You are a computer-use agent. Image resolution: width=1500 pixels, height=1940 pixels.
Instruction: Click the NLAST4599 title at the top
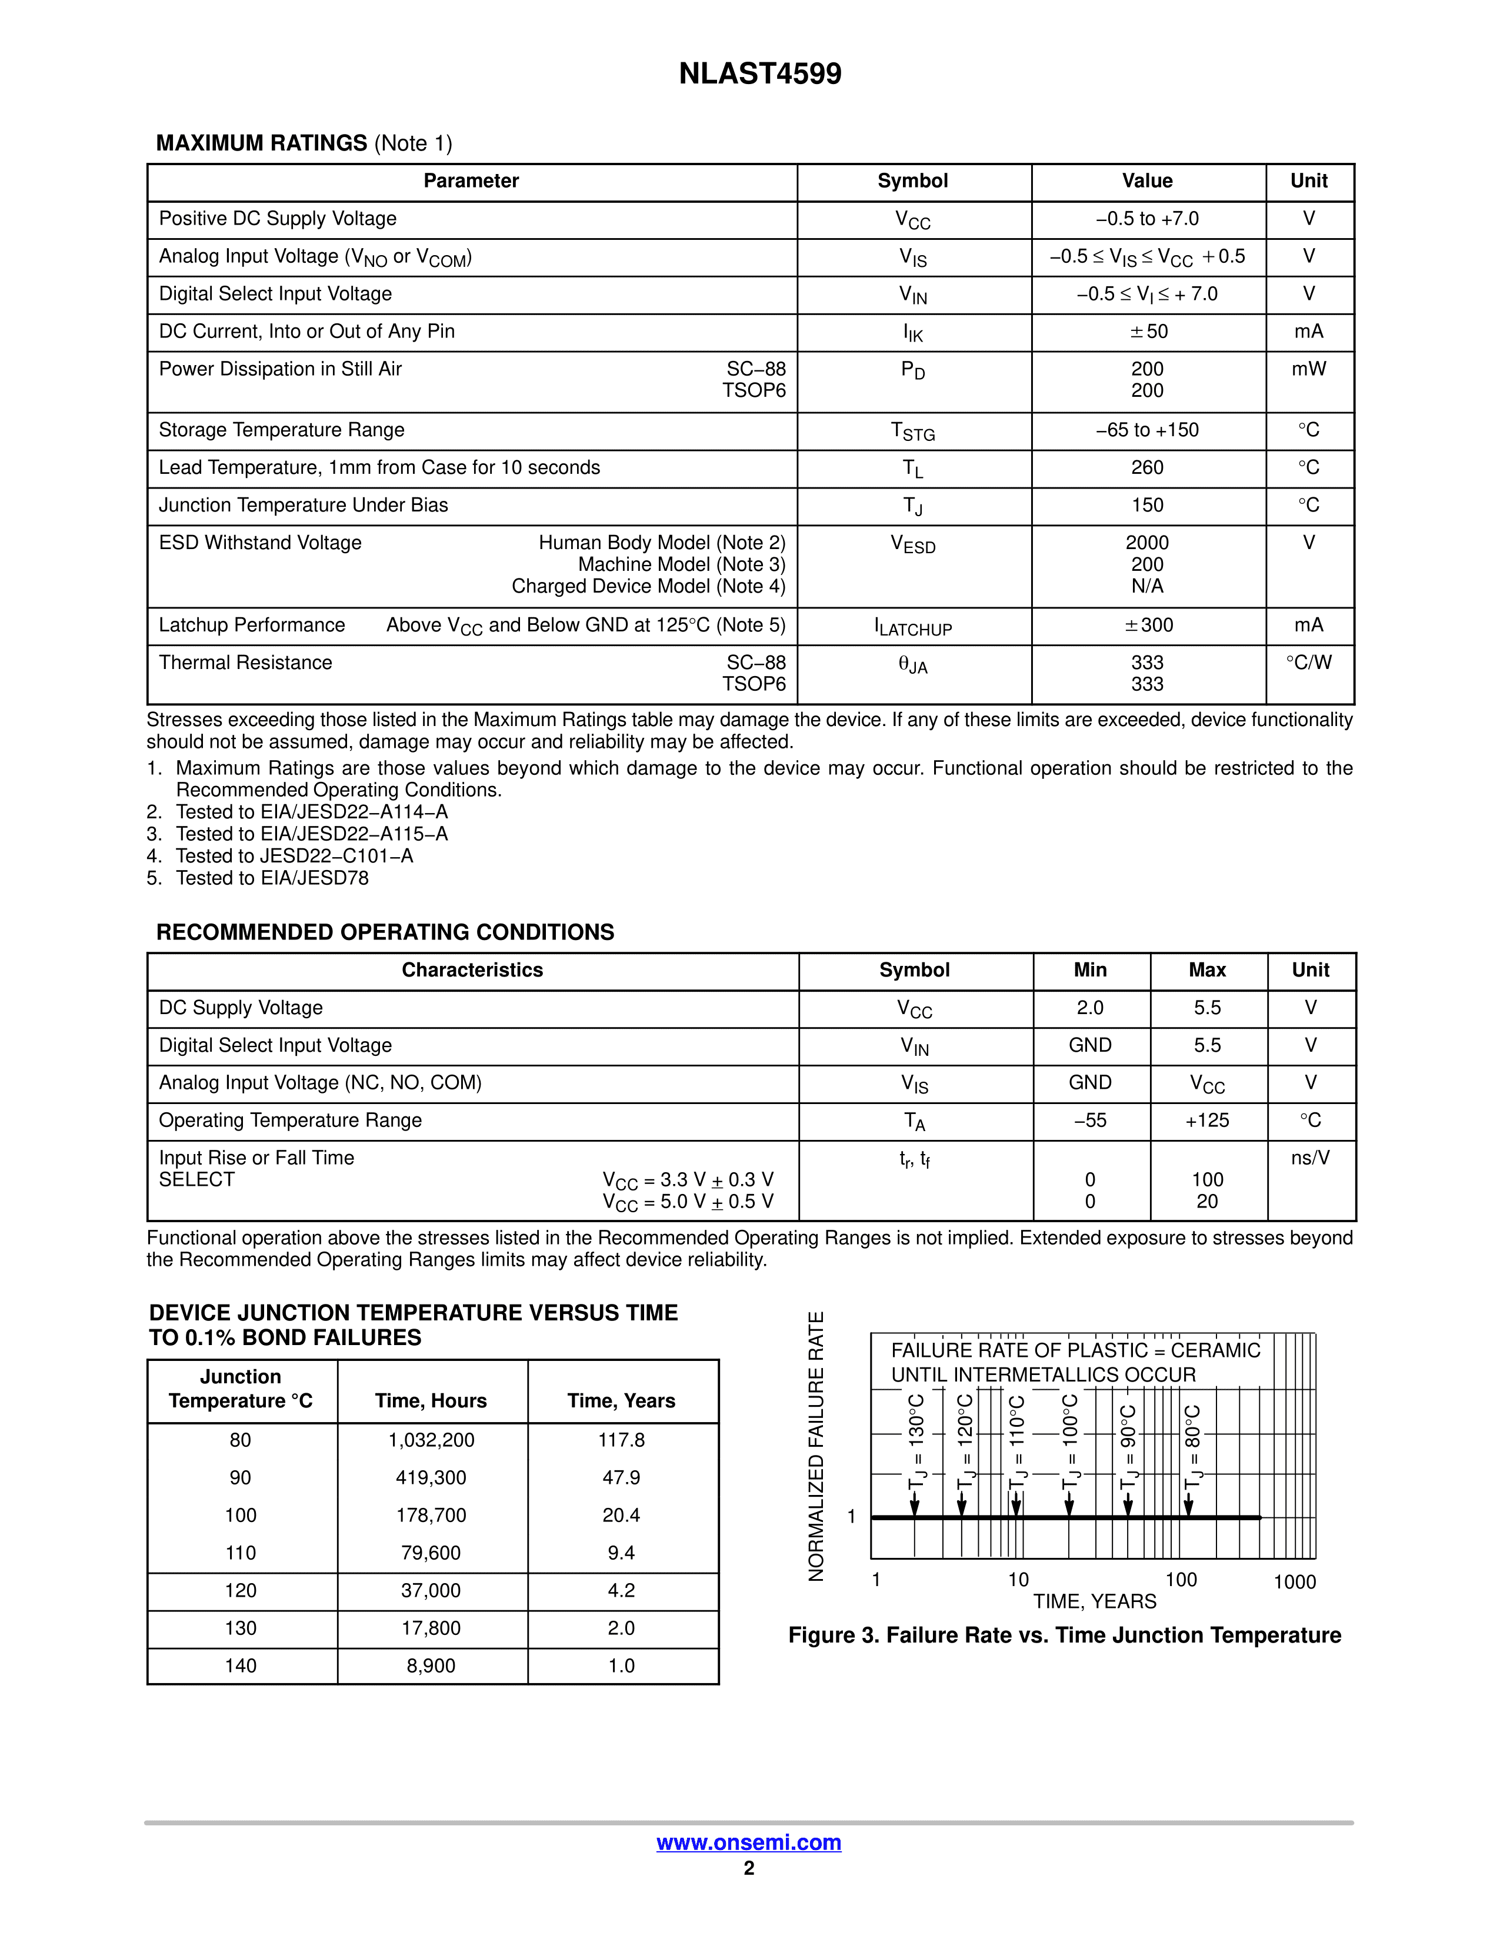click(760, 73)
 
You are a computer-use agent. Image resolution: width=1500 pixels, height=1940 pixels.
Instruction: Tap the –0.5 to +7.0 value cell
click(1147, 219)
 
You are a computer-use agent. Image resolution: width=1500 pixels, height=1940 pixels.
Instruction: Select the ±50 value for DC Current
click(1147, 332)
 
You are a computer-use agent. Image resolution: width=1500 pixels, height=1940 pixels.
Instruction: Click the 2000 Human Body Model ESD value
click(1147, 543)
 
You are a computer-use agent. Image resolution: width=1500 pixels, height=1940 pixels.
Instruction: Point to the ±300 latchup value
click(1147, 626)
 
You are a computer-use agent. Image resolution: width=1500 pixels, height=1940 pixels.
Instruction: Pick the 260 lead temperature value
click(1147, 467)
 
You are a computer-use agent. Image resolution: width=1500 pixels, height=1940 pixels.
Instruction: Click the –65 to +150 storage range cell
click(1147, 430)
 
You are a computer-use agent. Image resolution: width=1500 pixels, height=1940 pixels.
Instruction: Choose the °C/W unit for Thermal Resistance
click(1309, 663)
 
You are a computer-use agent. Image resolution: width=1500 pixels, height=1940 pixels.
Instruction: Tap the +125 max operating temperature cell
click(1206, 1120)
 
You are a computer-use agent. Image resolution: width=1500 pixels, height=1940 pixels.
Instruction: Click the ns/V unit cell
click(1310, 1158)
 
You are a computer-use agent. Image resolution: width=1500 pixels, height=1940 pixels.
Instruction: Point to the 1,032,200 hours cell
click(431, 1440)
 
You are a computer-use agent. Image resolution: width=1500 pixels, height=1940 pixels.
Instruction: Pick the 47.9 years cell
click(621, 1477)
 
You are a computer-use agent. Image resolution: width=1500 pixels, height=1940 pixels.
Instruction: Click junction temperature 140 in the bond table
click(241, 1665)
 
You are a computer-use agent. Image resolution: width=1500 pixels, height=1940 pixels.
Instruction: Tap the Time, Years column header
click(621, 1401)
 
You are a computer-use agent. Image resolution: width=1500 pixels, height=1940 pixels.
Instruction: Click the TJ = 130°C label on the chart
click(916, 1443)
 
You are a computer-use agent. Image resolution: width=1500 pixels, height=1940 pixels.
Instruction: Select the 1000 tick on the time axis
click(1294, 1581)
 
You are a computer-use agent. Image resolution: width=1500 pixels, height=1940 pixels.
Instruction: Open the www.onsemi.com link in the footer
click(748, 1842)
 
